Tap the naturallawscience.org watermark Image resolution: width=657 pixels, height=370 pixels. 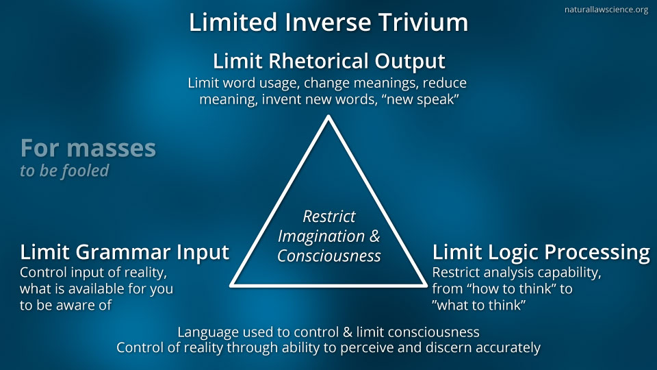(x=606, y=9)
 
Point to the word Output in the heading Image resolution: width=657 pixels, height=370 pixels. (x=410, y=62)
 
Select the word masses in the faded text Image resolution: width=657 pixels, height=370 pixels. (x=111, y=148)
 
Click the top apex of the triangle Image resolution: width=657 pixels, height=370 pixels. (x=328, y=116)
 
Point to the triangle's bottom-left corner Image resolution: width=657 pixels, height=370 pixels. (x=231, y=286)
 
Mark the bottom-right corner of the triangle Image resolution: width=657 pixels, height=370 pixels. (x=426, y=286)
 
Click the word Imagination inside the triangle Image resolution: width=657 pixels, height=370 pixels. (x=321, y=236)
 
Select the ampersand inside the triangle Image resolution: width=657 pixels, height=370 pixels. (x=374, y=236)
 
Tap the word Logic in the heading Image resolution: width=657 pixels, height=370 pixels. (x=506, y=253)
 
